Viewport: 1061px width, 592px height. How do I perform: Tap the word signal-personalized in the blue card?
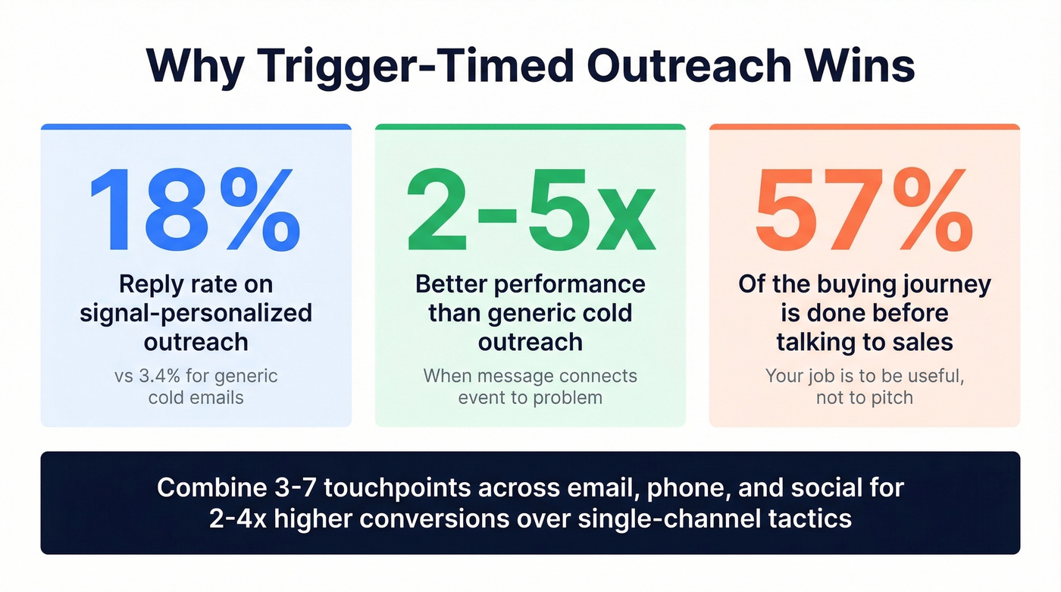pyautogui.click(x=196, y=313)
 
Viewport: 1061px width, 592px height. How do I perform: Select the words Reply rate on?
pyautogui.click(x=196, y=285)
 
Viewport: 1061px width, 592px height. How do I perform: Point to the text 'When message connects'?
pyautogui.click(x=530, y=376)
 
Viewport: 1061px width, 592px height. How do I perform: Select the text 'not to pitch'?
pyautogui.click(x=864, y=397)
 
